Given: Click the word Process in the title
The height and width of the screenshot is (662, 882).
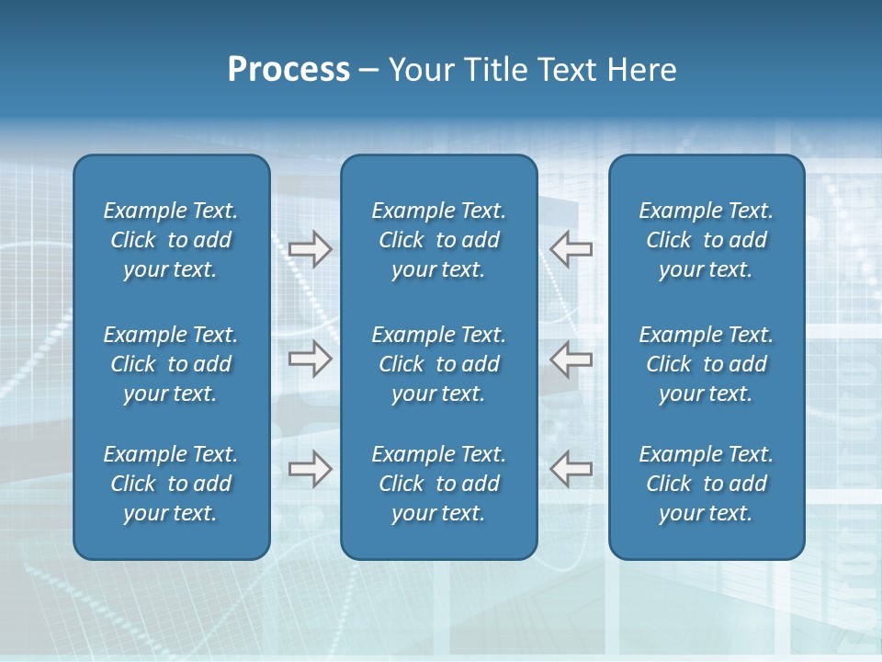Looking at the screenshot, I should click(288, 70).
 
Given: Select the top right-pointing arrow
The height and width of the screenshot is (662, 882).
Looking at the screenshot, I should click(310, 249).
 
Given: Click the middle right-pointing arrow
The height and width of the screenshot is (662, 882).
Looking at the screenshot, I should click(310, 358).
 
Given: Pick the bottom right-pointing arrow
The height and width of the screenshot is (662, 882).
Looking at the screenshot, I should click(310, 468).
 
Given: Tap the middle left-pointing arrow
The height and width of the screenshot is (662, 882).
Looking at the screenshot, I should click(571, 358).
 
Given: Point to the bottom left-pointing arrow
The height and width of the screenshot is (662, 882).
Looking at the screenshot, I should click(571, 468).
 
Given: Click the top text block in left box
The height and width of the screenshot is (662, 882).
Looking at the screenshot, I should click(171, 240).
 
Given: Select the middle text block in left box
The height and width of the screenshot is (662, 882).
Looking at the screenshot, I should click(171, 364).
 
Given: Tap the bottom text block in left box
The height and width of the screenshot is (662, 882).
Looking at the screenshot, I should click(171, 484).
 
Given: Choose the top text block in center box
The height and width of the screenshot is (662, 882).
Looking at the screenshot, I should click(438, 240).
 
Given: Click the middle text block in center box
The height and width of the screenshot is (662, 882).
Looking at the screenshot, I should click(438, 364).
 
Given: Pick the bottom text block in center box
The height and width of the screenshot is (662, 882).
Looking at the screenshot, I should click(438, 484).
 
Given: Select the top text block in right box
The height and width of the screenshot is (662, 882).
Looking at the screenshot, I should click(706, 240).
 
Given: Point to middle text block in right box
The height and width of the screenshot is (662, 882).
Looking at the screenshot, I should click(706, 364).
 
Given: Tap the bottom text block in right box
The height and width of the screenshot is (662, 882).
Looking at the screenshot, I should click(706, 484).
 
